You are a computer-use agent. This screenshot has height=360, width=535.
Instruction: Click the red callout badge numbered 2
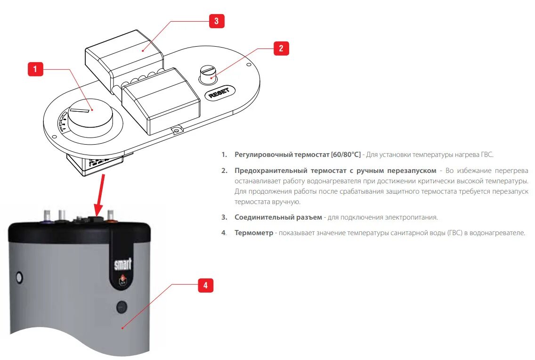[x=281, y=48]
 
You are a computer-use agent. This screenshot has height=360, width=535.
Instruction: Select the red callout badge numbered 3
[x=216, y=21]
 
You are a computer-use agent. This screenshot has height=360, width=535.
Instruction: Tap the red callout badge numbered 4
[x=205, y=285]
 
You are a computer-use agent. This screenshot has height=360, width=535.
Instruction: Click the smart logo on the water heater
[x=123, y=264]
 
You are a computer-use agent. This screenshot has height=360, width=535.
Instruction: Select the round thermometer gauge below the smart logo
[x=122, y=307]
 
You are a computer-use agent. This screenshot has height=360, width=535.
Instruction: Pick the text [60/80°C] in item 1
[x=346, y=155]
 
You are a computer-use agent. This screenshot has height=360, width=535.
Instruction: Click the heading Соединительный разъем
[x=278, y=217]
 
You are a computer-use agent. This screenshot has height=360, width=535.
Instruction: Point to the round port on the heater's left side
[x=18, y=276]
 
